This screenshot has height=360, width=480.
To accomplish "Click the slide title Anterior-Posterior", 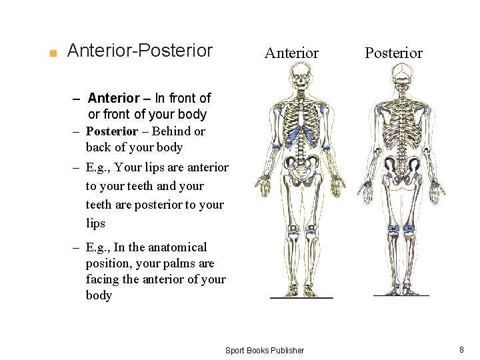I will pos(140,51).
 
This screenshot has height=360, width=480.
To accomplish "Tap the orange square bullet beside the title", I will pos(53,53).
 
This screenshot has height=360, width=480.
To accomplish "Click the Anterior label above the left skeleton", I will pos(291,53).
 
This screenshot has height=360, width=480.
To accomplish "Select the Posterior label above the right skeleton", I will pos(393,53).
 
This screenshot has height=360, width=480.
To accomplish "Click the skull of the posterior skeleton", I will pos(401,75).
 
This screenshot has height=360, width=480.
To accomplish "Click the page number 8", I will pos(461,349).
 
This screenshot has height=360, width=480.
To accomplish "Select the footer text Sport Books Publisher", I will pos(265,350).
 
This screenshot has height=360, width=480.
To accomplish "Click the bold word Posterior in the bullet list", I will pos(111,131).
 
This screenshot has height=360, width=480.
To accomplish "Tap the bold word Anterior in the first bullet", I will pos(113,98).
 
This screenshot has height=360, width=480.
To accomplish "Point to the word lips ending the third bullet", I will pos(95,223).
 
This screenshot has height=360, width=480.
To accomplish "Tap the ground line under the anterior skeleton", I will pos(301,297).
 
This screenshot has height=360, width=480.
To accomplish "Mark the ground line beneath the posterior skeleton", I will pos(401,295).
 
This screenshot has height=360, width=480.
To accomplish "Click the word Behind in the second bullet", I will pos(170,131).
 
